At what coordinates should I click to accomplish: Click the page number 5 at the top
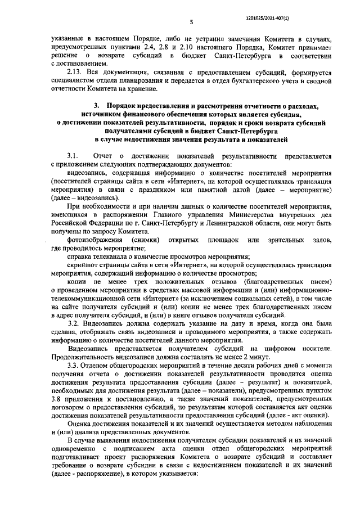point(191,21)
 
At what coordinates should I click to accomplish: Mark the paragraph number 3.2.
point(74,324)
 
